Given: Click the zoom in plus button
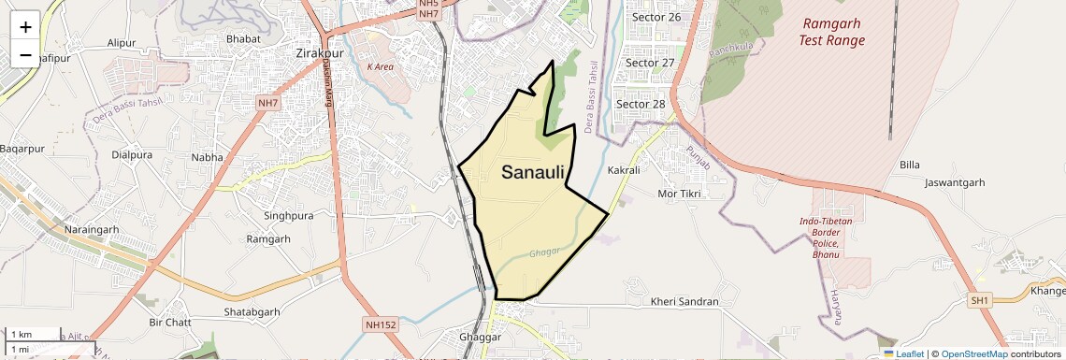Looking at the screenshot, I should coord(25,26).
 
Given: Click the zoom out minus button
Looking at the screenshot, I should coord(25,54).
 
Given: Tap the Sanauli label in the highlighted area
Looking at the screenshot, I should coord(533,172).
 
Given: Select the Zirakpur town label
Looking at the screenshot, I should coord(319,53).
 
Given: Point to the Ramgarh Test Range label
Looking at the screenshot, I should coord(831,32).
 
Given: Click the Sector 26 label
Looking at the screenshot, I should coord(655,17).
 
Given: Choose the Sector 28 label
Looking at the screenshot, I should coord(640,104).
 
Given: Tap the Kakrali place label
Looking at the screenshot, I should coord(624,170).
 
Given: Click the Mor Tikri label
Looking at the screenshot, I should coord(679,194).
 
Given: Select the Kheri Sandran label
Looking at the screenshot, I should coord(684,302).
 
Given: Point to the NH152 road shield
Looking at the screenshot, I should coord(381,324).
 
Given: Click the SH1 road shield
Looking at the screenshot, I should coord(980,300).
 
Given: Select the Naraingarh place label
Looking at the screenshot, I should coord(92,229).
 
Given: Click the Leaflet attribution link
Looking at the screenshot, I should coord(905,353).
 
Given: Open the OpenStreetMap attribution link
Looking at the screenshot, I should coord(973,353).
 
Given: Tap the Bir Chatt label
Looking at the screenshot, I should coord(170,323).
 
